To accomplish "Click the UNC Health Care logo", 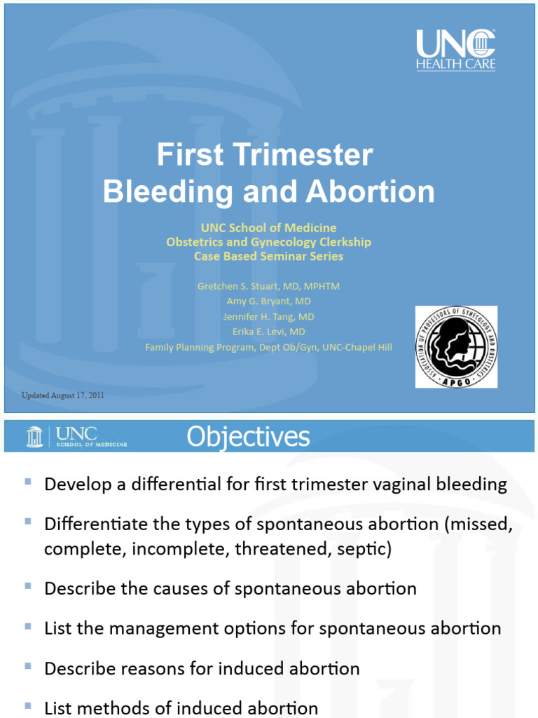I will click(455, 50).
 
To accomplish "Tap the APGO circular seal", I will click(456, 346).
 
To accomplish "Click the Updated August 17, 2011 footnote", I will click(63, 395).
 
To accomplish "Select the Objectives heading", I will click(248, 437).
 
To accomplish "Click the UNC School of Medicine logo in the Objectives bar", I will click(77, 436).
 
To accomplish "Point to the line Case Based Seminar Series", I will click(268, 257).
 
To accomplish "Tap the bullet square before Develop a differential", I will click(27, 482).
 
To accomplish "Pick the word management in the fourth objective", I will click(166, 628).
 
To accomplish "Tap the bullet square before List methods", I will click(27, 706).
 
